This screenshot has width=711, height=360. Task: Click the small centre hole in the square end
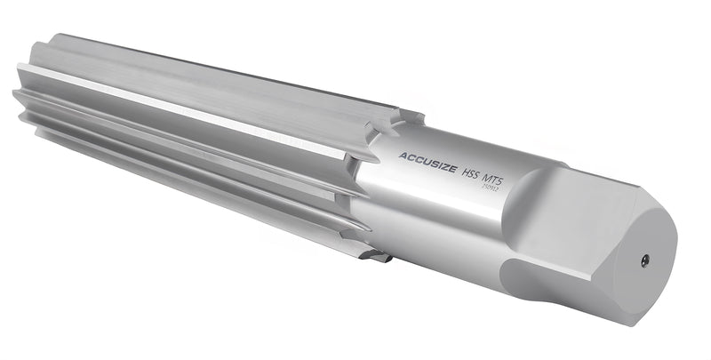click(645, 260)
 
